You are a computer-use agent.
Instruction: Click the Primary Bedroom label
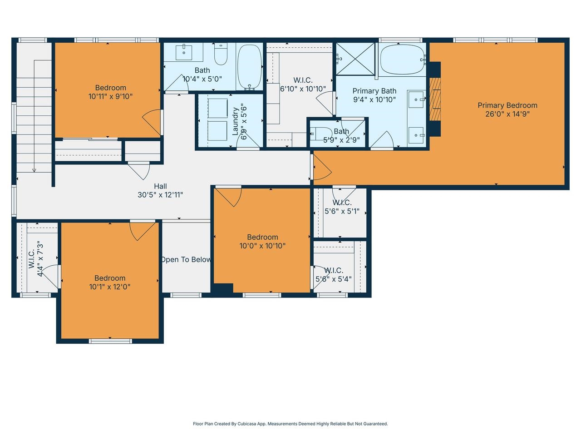click(507, 105)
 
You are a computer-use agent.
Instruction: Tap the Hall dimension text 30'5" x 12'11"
click(160, 195)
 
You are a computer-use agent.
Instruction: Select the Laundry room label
click(236, 121)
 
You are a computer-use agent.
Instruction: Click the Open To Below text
click(186, 260)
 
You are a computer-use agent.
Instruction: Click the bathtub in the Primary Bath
click(402, 59)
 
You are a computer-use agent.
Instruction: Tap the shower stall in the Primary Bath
click(356, 58)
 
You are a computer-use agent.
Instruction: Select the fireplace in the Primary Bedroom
click(435, 99)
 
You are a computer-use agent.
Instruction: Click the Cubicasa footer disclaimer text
click(290, 424)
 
